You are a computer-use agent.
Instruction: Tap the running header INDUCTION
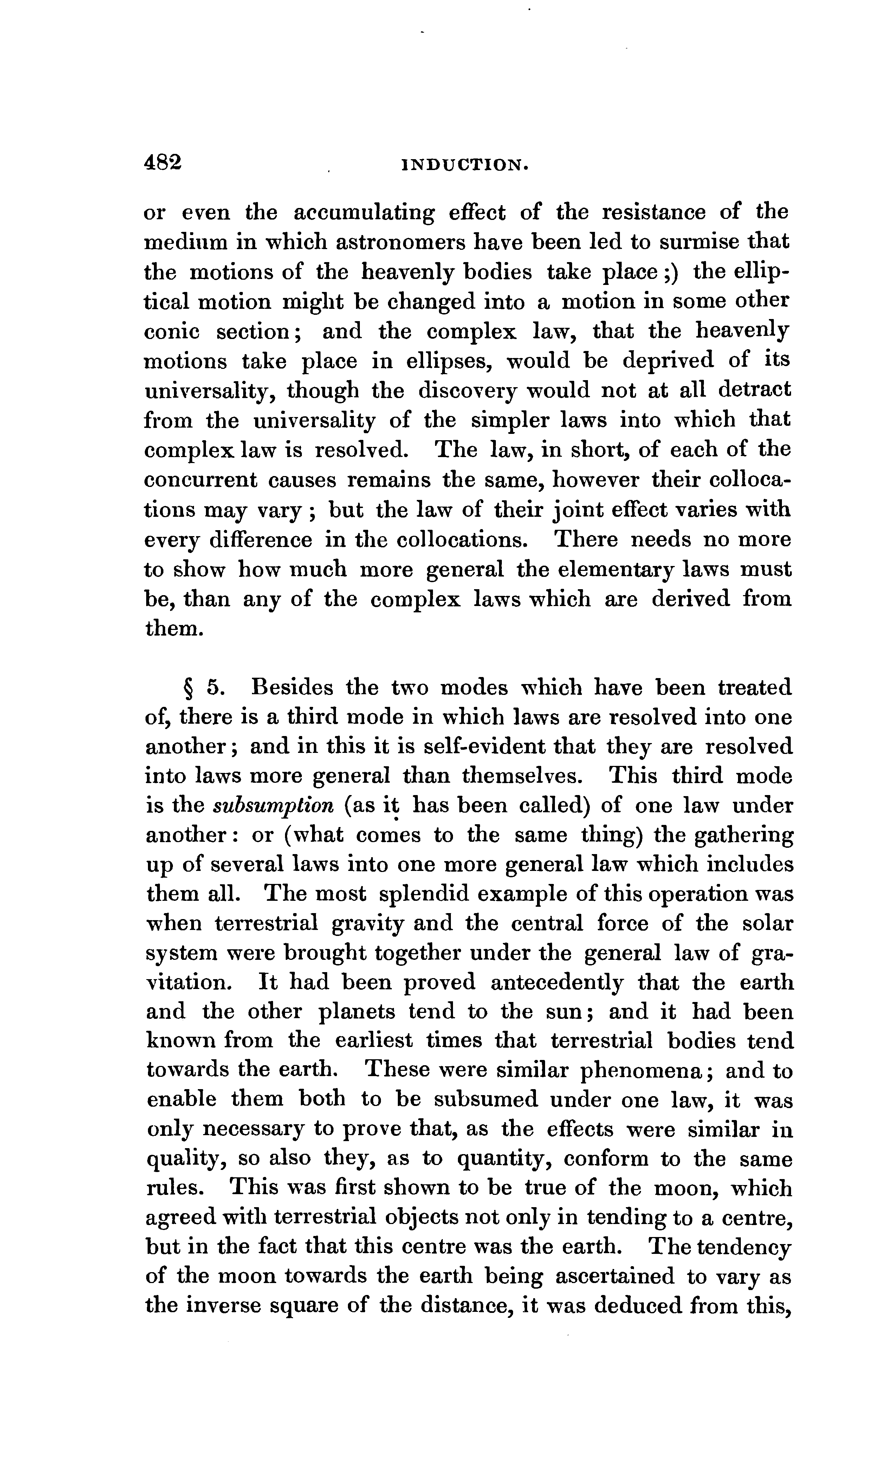click(x=465, y=165)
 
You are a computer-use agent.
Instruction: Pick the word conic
click(x=172, y=332)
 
